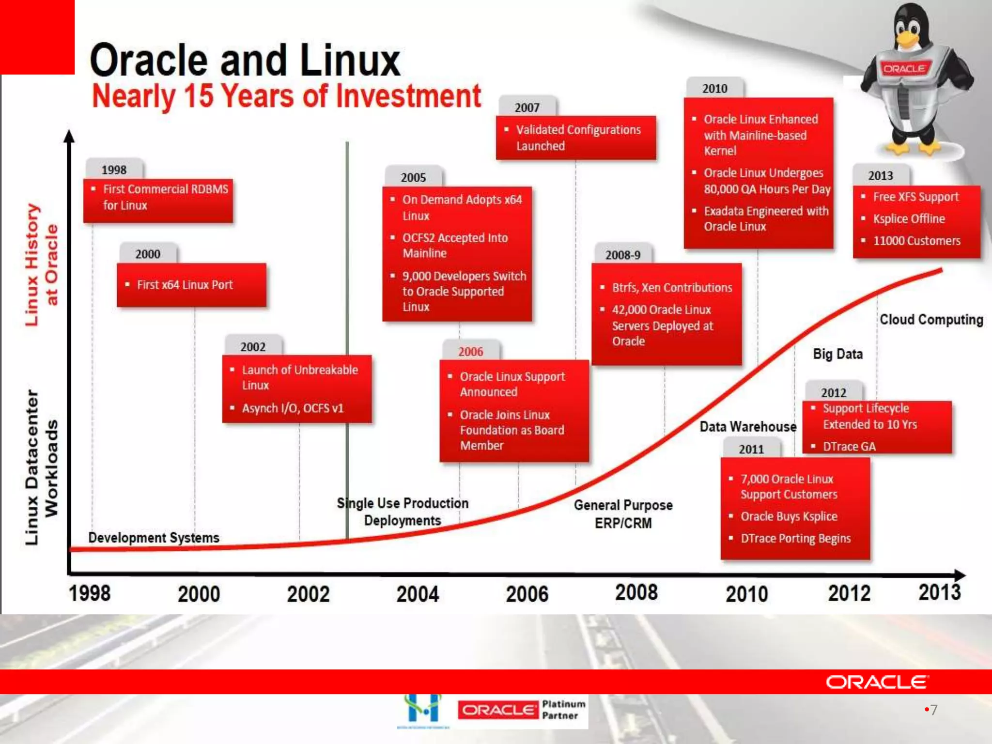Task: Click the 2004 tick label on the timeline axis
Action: click(418, 594)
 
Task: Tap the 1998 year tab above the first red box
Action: click(114, 170)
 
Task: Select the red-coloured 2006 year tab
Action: click(470, 352)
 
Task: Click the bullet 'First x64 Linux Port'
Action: click(185, 285)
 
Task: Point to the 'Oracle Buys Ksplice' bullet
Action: click(789, 516)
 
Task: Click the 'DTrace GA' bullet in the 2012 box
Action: click(849, 447)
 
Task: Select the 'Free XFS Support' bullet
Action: click(915, 197)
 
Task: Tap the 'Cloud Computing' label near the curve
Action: click(931, 320)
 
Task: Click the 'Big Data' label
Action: click(837, 354)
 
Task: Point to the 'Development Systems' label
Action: click(154, 538)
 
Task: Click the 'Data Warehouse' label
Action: click(748, 427)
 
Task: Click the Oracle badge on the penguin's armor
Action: click(904, 69)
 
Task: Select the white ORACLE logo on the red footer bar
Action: click(877, 682)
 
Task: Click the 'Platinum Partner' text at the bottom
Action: click(563, 710)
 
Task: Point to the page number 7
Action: click(933, 710)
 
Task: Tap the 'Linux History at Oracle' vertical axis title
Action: click(42, 264)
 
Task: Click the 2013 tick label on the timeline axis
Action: click(939, 592)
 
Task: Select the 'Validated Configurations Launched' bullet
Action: click(578, 138)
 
